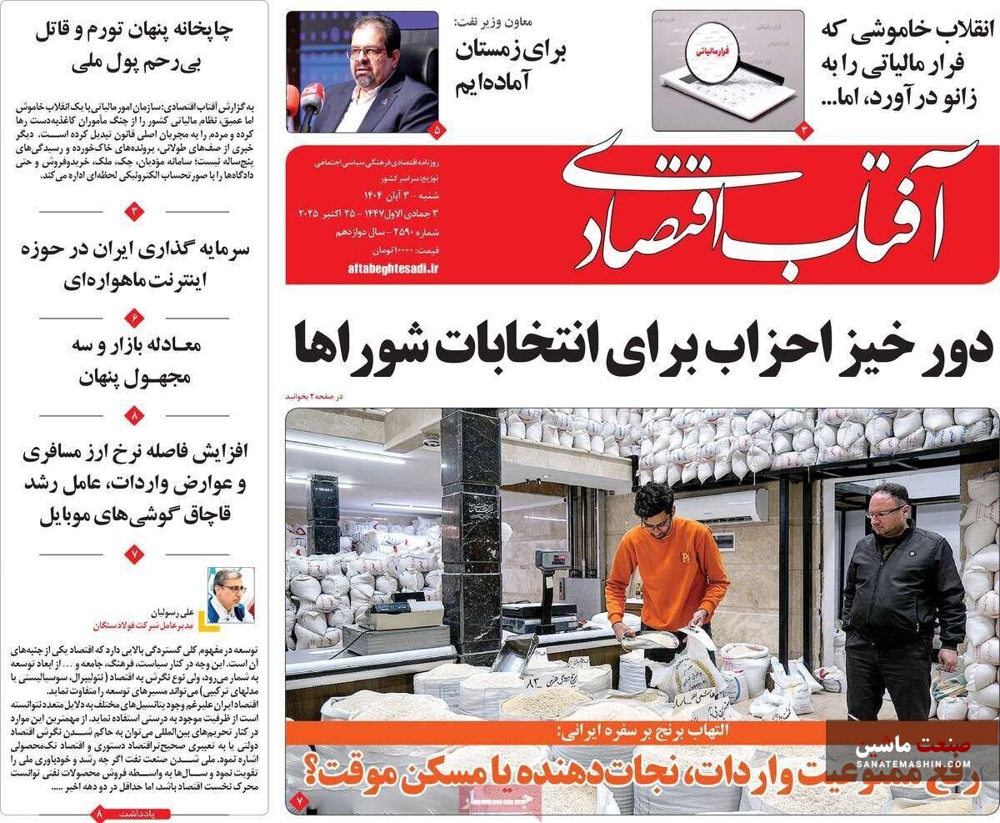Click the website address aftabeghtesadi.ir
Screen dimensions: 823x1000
[x=392, y=268]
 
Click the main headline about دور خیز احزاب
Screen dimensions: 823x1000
[x=641, y=345]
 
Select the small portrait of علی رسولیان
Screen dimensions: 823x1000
[x=229, y=594]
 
